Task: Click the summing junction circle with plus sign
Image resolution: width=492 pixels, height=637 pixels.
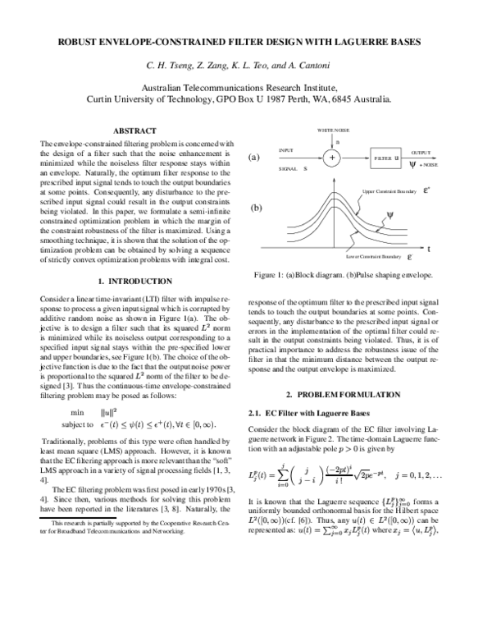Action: [x=331, y=156]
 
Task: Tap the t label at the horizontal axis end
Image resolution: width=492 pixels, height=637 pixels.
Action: [x=429, y=247]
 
